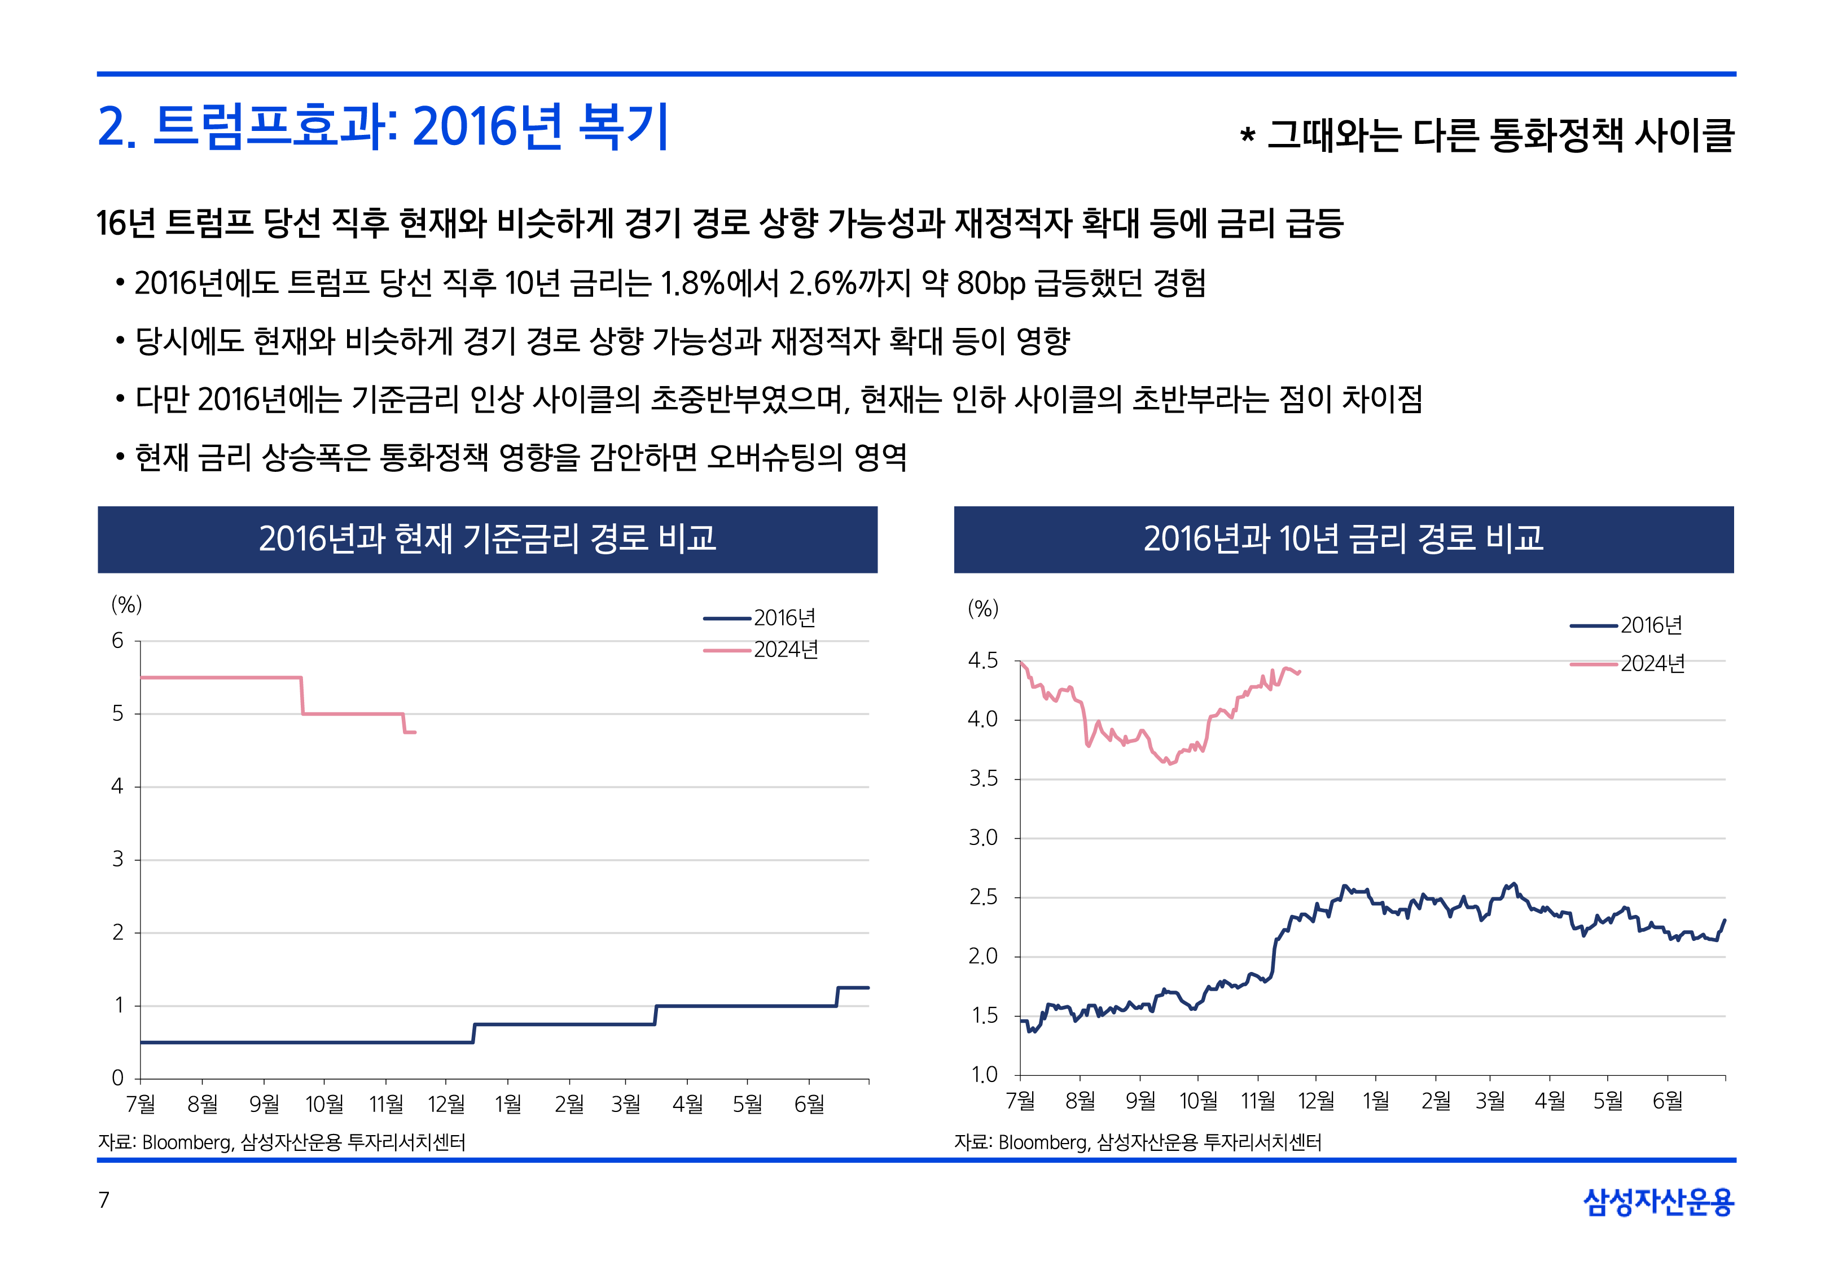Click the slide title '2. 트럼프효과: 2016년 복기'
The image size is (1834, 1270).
tap(381, 128)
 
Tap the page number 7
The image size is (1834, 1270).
tap(103, 1200)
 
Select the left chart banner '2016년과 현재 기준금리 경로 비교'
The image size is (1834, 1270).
tap(487, 538)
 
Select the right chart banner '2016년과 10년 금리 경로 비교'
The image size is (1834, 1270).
tap(1342, 538)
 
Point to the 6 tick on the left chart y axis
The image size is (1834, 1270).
tap(118, 641)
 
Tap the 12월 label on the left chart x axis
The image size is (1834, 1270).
tap(446, 1103)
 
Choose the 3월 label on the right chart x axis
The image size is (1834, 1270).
tap(1490, 1101)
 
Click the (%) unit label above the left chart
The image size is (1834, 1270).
tap(126, 605)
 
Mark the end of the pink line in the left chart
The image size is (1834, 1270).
tap(414, 732)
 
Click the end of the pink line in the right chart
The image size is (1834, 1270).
tap(1298, 672)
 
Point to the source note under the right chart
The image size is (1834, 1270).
tap(1137, 1142)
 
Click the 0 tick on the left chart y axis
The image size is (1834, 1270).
tap(118, 1078)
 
